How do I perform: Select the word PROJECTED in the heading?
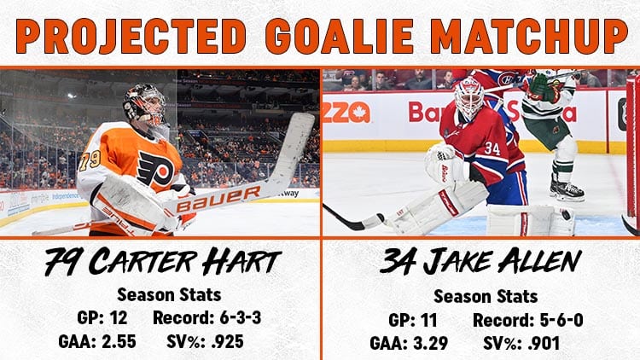tap(131, 36)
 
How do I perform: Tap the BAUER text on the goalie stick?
tap(218, 199)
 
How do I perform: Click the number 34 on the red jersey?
tap(492, 148)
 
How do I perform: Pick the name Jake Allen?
tap(503, 262)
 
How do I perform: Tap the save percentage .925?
tap(227, 341)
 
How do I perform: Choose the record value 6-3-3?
tap(241, 317)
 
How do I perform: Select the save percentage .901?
tap(544, 343)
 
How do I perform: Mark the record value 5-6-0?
tap(561, 320)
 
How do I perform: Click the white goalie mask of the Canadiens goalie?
tap(469, 97)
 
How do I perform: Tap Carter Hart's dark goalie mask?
tap(145, 105)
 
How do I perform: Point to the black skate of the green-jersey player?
tap(567, 189)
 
